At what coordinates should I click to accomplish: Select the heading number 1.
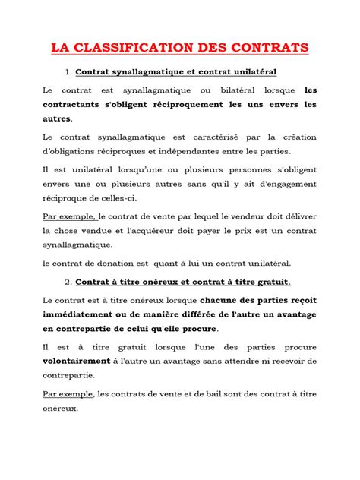(68, 72)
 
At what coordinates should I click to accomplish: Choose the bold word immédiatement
(82, 315)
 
